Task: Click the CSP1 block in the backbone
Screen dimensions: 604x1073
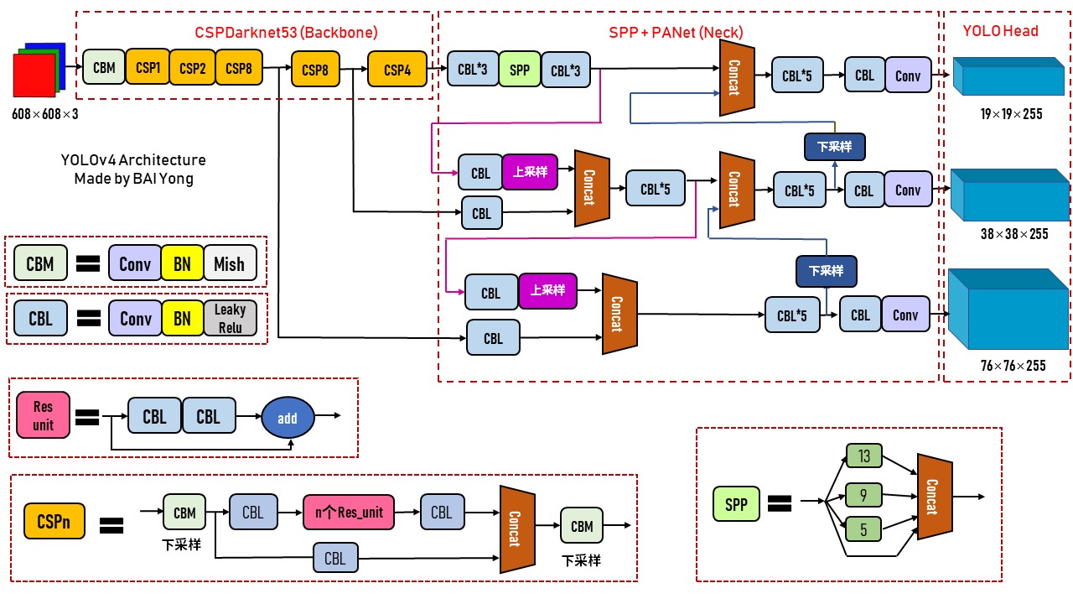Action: pos(148,67)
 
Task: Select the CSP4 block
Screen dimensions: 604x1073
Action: pos(397,70)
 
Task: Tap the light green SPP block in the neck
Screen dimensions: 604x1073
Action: pos(520,70)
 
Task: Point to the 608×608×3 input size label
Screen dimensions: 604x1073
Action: pos(45,112)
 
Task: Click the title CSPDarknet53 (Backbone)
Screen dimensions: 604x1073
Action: pos(286,33)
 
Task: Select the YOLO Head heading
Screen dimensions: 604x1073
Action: pos(1000,31)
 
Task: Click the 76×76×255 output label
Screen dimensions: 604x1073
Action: pos(1013,365)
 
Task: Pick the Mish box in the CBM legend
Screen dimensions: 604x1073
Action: pos(229,264)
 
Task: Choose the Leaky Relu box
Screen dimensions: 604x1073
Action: pos(230,319)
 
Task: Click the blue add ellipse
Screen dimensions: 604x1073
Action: pos(288,418)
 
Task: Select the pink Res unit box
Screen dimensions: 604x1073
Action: pos(44,416)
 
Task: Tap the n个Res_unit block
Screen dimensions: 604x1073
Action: pos(348,513)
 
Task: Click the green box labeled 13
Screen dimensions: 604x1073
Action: pos(864,456)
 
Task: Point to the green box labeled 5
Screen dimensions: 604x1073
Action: pos(864,529)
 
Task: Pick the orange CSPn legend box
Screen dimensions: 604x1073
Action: pos(54,521)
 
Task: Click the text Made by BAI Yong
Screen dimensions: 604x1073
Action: pos(133,178)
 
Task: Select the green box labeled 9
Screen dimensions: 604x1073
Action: pos(864,494)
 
